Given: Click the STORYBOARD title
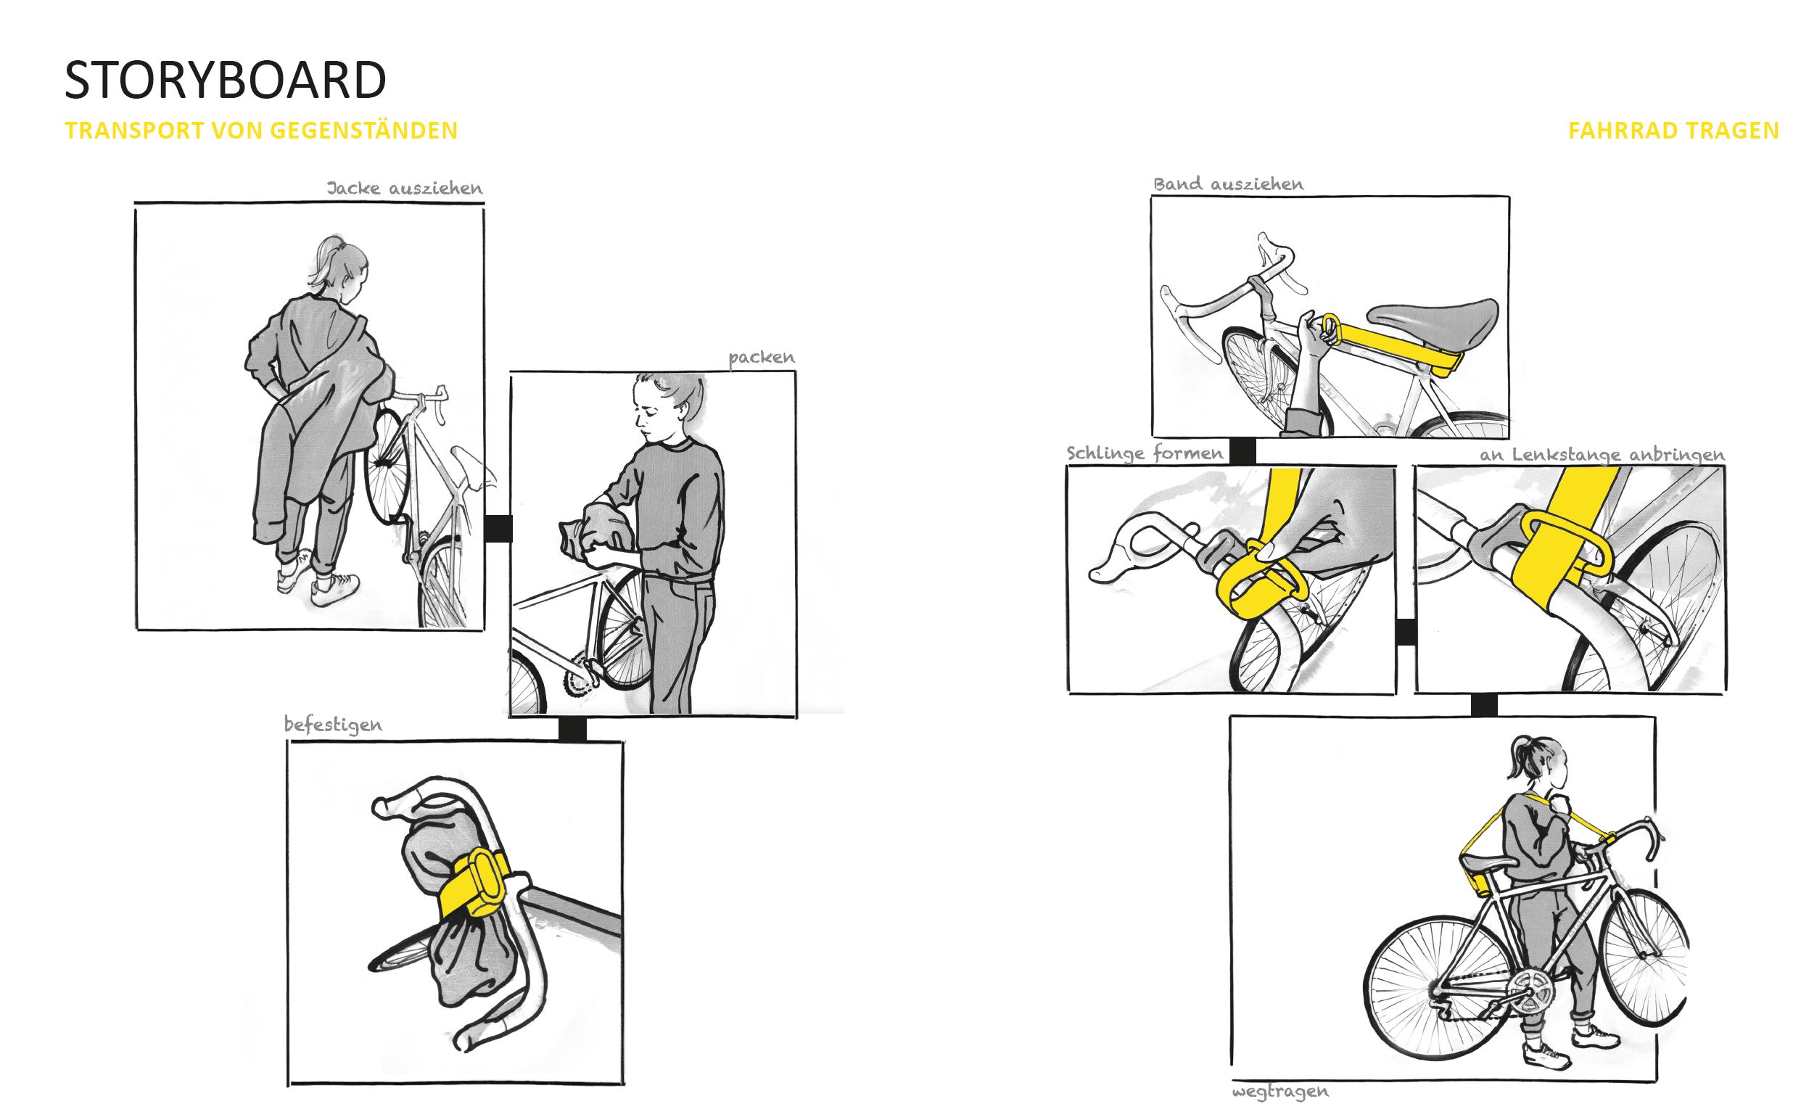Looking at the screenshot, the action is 225,80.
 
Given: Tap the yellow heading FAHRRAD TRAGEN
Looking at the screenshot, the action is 1674,131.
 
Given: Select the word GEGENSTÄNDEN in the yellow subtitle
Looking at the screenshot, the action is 364,130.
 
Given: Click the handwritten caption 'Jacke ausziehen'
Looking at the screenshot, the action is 404,188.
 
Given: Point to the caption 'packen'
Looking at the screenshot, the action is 761,358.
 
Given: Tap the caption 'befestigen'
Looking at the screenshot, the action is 333,725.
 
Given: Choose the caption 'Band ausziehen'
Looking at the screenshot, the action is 1228,184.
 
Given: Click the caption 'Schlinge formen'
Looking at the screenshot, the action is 1145,453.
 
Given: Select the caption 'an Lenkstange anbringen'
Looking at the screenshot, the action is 1602,455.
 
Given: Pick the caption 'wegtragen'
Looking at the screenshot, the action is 1280,1092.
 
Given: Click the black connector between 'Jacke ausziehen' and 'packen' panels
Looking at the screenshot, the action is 498,529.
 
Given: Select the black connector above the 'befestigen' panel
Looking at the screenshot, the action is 572,730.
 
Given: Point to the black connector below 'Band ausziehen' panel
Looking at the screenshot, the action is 1242,451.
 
